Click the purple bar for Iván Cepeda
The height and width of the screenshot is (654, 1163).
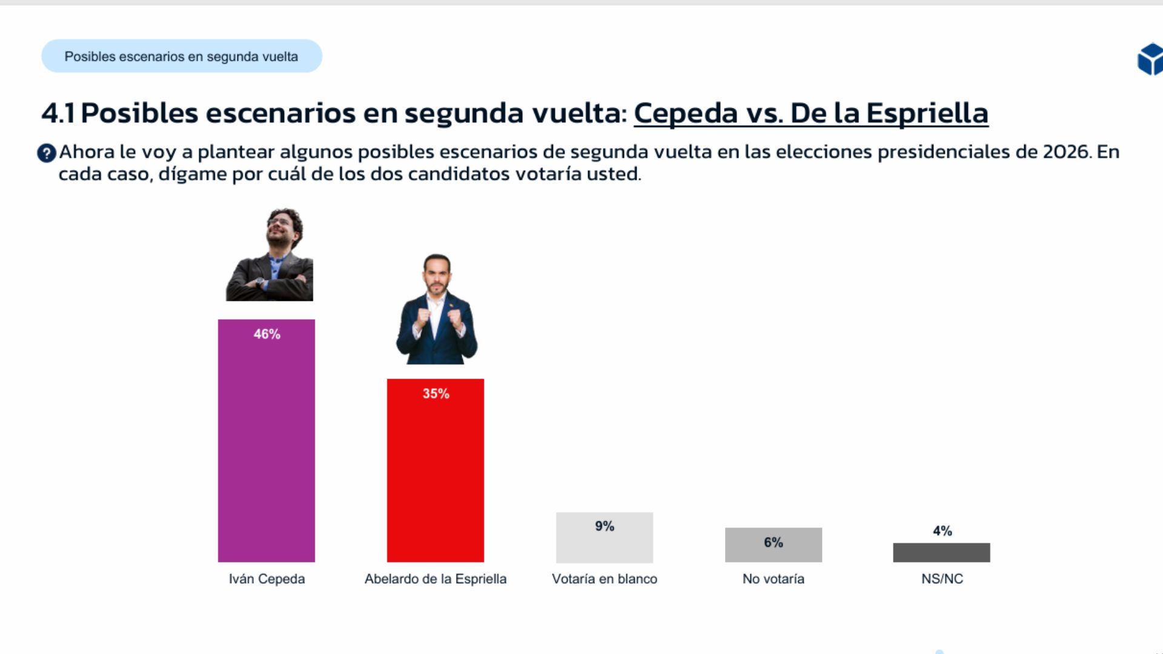coord(267,448)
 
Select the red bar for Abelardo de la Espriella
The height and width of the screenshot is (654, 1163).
coord(436,478)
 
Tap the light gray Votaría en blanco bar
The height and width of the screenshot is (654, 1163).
coord(605,545)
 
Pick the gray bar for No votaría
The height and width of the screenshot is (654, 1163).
coord(774,551)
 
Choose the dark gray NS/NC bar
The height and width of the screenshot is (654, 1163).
coord(941,552)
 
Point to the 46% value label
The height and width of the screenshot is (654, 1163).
coord(267,334)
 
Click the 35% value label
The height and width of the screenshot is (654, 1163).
coord(436,394)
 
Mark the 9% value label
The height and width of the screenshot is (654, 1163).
coord(605,526)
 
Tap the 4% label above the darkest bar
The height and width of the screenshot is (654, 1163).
coord(942,531)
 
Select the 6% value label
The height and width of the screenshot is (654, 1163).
coord(774,543)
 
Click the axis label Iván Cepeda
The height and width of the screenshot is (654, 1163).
coord(267,579)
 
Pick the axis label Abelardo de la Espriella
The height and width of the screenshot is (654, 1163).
coord(436,579)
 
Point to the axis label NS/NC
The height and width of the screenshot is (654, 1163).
coord(942,579)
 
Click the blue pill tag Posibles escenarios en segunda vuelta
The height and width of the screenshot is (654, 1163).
coord(181,56)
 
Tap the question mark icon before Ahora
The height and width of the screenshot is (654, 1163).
coord(47,153)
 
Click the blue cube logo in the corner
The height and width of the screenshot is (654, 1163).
coord(1150,59)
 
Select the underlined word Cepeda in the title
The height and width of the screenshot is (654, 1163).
coord(686,113)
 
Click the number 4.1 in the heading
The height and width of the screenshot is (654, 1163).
coord(58,113)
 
